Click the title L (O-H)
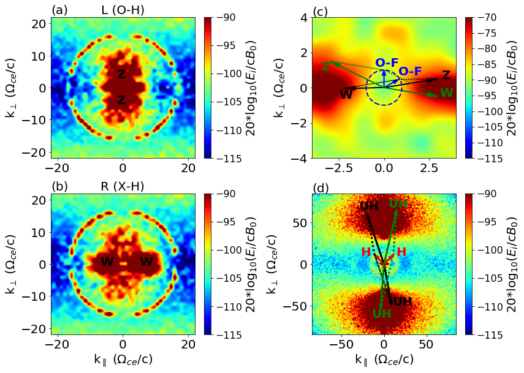point(123,10)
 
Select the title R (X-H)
point(123,186)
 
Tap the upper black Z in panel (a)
point(121,75)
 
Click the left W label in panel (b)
point(107,262)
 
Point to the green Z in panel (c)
point(327,67)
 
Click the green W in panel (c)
point(446,92)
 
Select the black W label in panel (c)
point(346,95)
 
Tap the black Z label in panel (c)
point(446,75)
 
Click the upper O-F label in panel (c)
point(387,62)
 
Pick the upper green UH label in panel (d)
point(398,204)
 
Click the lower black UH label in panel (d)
point(403,301)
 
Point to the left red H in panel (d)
point(366,252)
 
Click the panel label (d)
point(321,187)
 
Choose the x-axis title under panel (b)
point(123,360)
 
